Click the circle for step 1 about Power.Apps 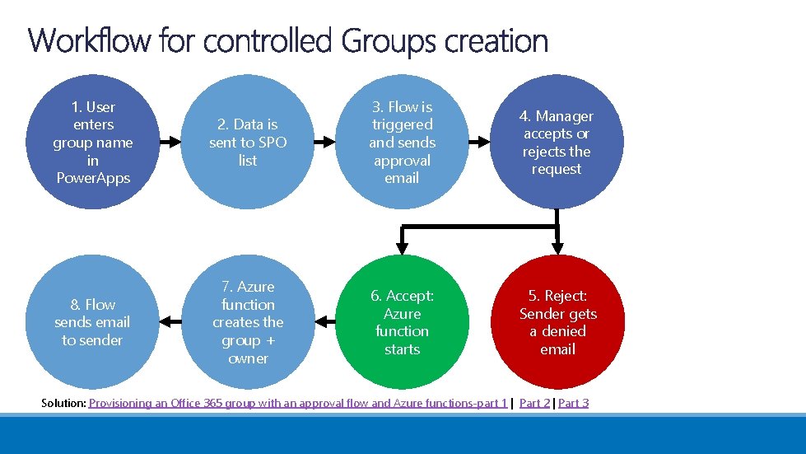[92, 142]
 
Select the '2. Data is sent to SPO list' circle [247, 142]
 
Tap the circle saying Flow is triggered [402, 142]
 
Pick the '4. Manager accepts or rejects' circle [557, 142]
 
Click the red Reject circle [557, 322]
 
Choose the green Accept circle [402, 322]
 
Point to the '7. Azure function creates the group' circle [247, 322]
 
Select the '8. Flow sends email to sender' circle [92, 322]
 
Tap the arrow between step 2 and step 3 [324, 142]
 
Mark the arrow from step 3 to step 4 [479, 142]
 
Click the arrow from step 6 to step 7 [324, 321]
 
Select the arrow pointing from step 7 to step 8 [170, 321]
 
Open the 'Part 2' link [534, 403]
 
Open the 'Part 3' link [574, 403]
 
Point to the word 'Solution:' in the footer [63, 403]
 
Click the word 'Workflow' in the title [90, 40]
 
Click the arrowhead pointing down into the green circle [402, 245]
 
